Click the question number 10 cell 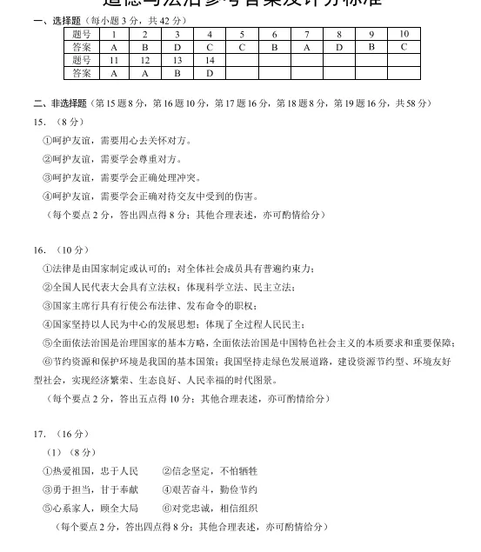click(404, 34)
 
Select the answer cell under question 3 click(177, 47)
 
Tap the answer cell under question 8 click(339, 47)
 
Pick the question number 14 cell click(210, 60)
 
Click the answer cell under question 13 click(177, 73)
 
